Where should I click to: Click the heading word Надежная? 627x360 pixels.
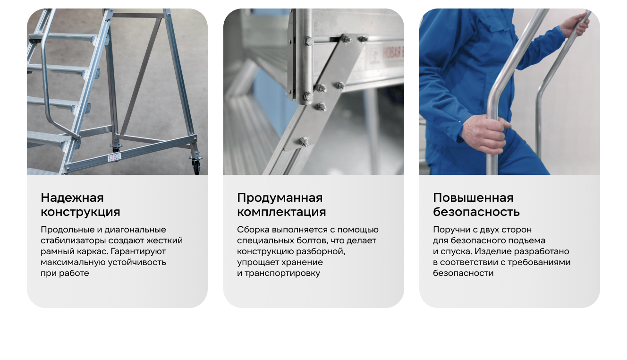(72, 198)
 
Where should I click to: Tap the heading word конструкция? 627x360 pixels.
(80, 212)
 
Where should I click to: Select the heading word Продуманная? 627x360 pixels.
(280, 198)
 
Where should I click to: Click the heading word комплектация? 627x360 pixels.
(281, 212)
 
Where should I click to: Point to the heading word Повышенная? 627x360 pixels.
(473, 198)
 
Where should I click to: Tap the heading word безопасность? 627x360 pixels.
(476, 212)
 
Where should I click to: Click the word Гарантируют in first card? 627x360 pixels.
(138, 252)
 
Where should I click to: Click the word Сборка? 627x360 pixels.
(253, 230)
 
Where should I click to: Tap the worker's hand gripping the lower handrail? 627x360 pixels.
(486, 134)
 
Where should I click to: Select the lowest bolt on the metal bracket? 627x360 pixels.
(304, 141)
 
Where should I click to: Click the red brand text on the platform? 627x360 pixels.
(393, 53)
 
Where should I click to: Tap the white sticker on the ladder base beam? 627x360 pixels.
(114, 158)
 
